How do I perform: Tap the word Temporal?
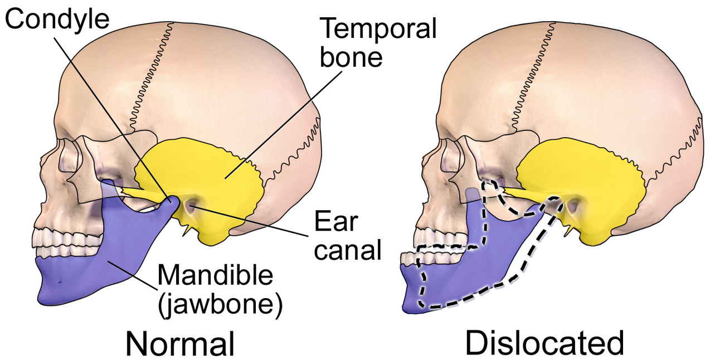(x=378, y=28)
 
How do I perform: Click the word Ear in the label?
(x=336, y=221)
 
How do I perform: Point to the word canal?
(x=348, y=249)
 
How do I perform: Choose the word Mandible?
(x=215, y=275)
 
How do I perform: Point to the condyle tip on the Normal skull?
(x=171, y=201)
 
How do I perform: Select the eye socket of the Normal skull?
(x=69, y=156)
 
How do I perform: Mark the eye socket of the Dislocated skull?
(x=451, y=156)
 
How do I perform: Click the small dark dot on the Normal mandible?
(x=60, y=283)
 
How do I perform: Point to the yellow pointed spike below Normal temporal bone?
(x=186, y=231)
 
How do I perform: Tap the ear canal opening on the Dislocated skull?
(x=573, y=206)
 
